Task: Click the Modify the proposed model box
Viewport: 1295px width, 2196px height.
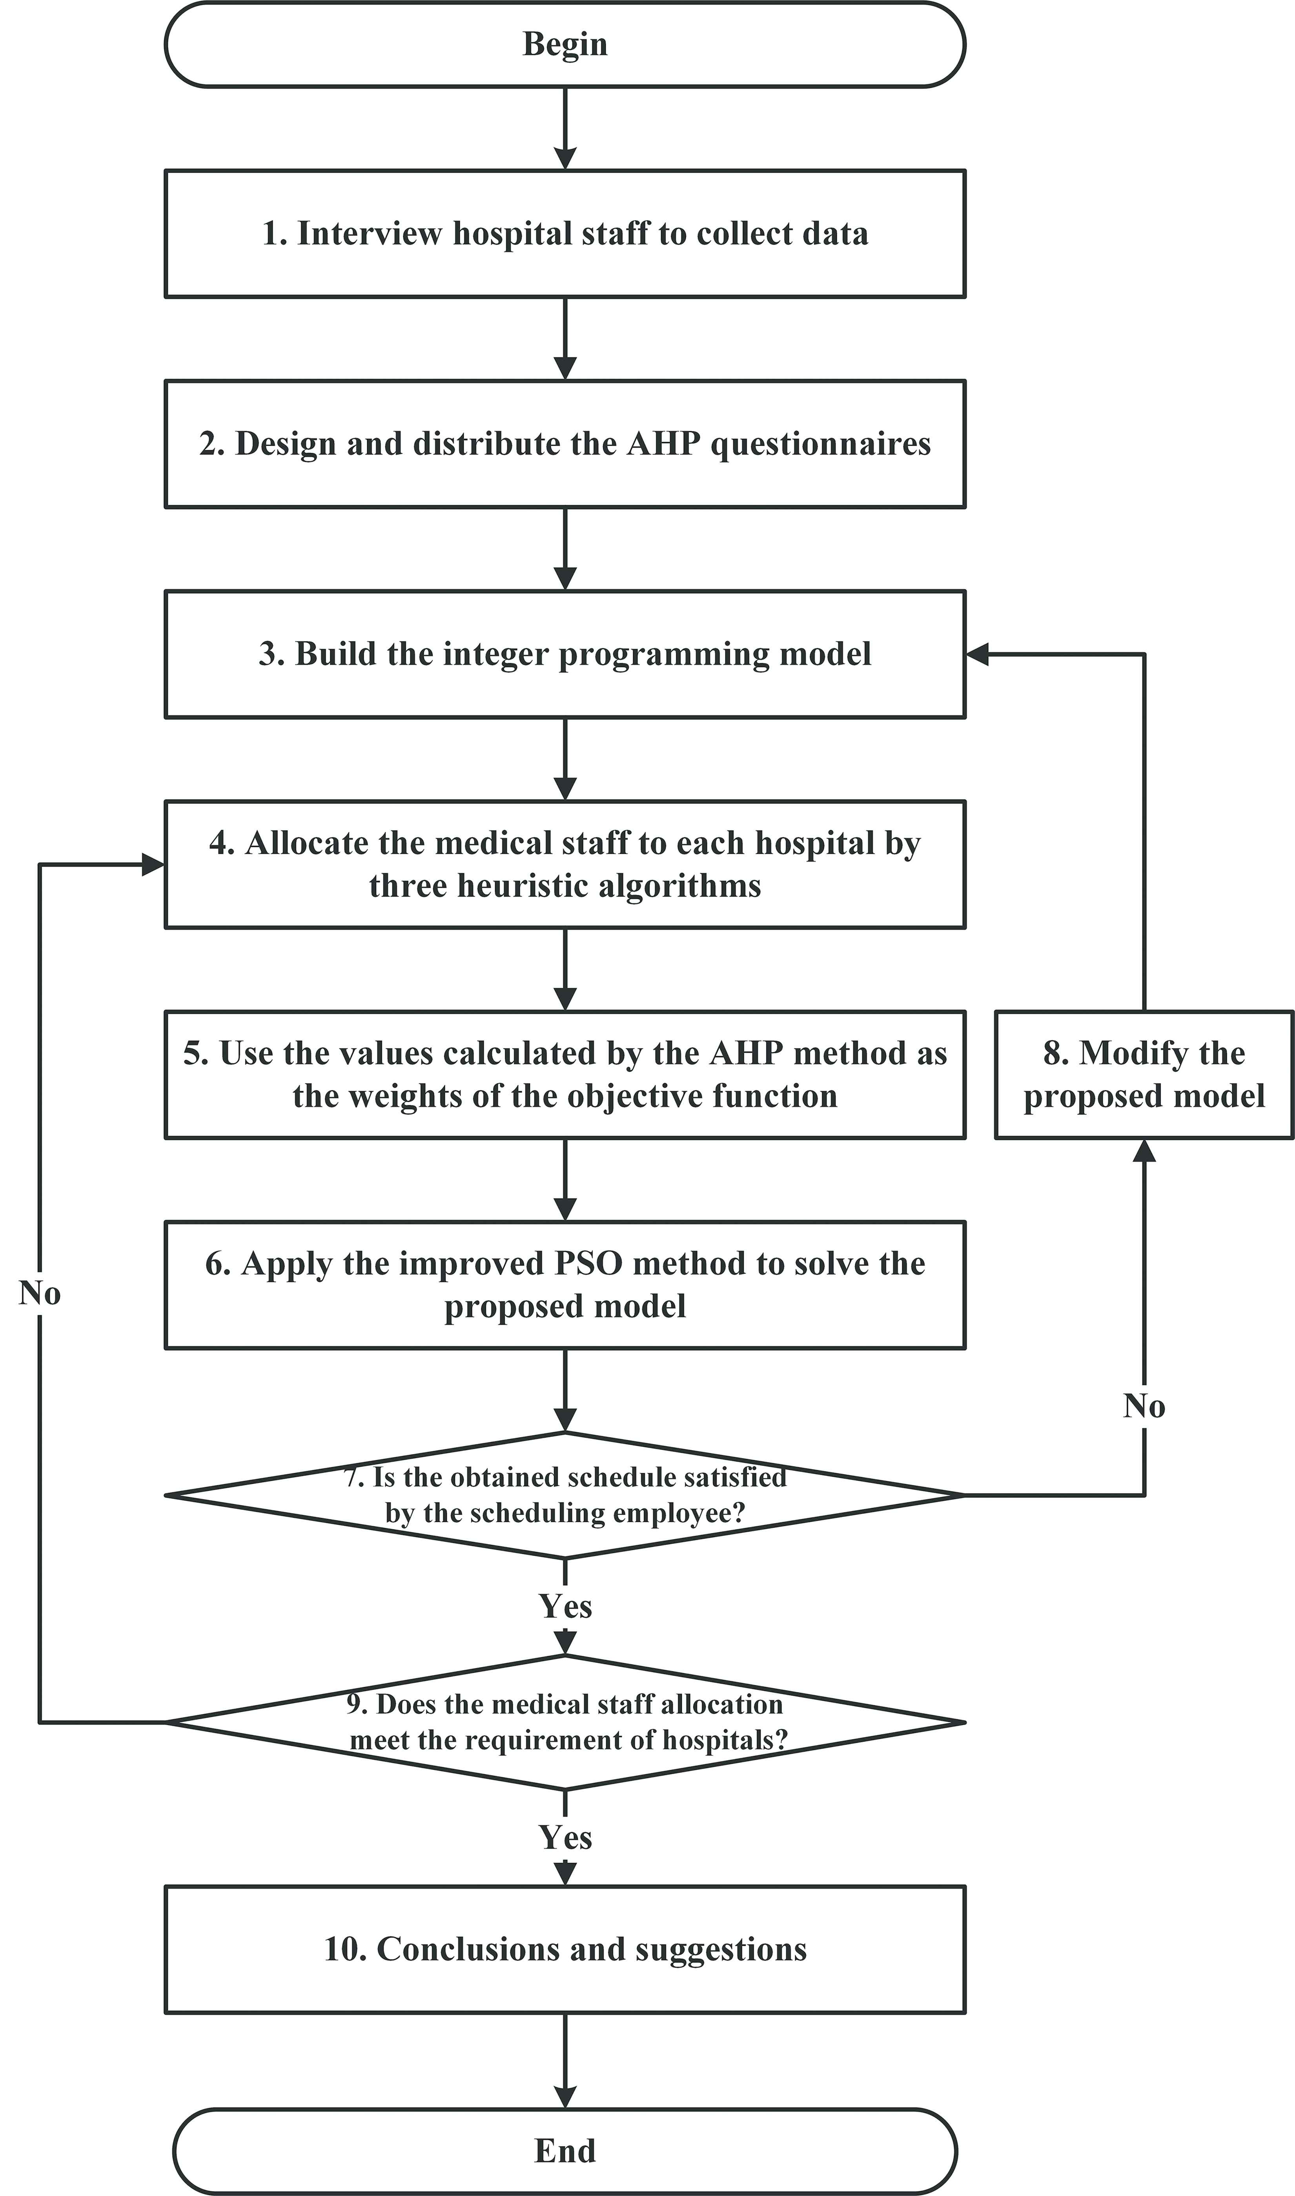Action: point(1144,1075)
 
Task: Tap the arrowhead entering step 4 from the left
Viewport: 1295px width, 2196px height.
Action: point(153,865)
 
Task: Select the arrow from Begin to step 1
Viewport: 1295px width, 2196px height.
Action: point(565,128)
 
